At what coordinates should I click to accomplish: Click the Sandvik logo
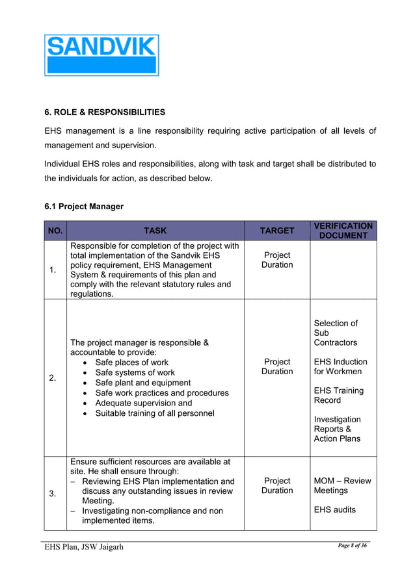point(101,55)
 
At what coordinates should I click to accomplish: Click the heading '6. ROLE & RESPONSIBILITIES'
point(105,112)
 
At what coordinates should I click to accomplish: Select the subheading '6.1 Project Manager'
point(84,207)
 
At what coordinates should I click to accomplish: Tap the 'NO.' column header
point(55,231)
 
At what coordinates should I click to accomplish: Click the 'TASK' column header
point(155,231)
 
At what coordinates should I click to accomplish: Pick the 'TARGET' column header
point(277,231)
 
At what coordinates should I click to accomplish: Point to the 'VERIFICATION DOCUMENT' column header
point(343,231)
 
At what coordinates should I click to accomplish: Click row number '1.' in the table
point(55,270)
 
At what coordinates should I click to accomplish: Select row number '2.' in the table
point(55,377)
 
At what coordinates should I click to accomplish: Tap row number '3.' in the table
point(55,494)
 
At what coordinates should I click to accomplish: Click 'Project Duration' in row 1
point(277,260)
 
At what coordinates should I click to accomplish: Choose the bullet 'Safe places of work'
point(131,363)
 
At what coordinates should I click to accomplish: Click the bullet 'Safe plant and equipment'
point(142,383)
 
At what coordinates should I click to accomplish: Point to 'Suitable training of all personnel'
point(154,413)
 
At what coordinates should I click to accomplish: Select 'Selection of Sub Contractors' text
point(336,333)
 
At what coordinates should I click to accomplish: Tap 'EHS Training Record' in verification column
point(338,396)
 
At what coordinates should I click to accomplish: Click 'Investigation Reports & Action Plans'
point(337,429)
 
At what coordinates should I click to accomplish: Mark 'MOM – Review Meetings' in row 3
point(342,485)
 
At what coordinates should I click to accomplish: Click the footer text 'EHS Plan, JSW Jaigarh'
point(84,547)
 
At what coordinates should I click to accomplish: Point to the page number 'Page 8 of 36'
point(353,545)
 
